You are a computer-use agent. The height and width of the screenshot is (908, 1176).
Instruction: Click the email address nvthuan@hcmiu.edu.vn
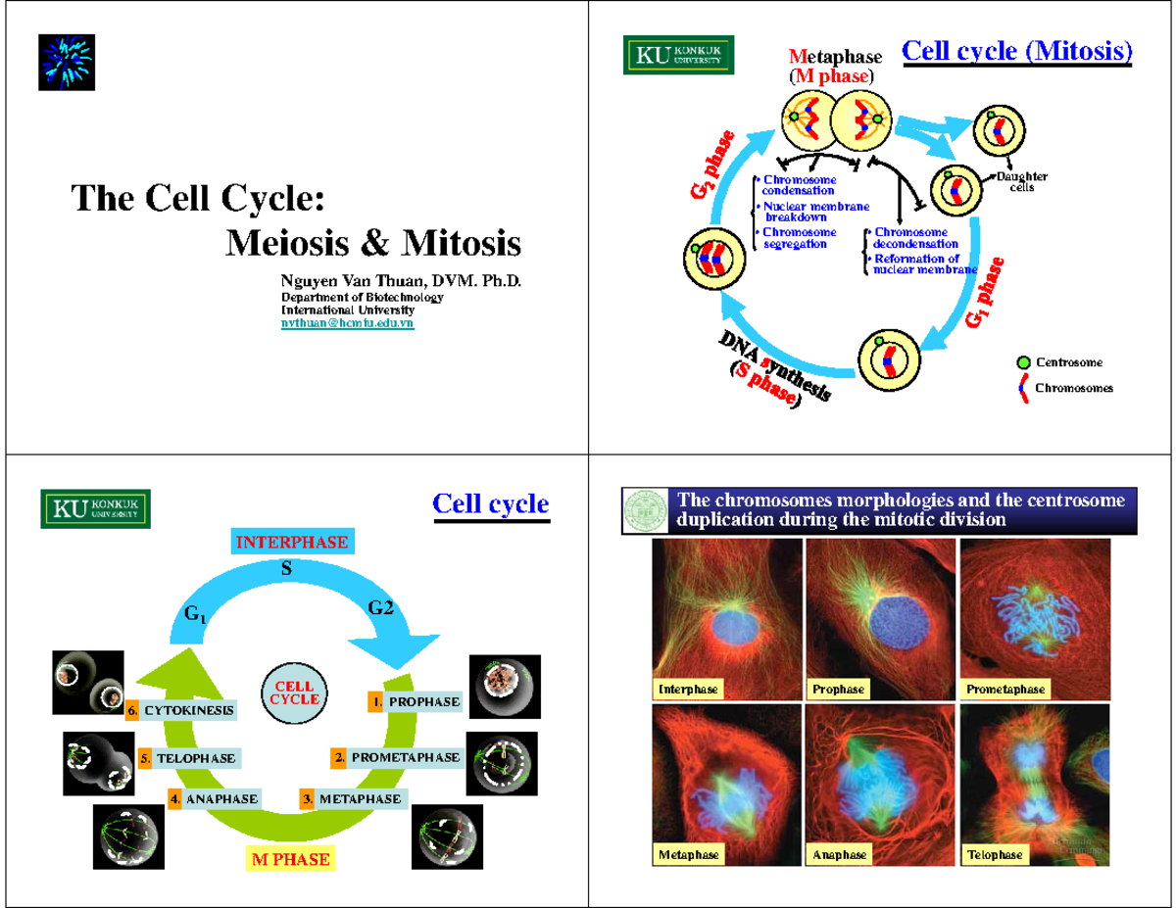pyautogui.click(x=347, y=322)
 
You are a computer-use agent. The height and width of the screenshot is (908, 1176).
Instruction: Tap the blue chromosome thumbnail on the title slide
pyautogui.click(x=67, y=62)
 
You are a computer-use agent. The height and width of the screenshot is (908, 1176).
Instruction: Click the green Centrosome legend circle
pyautogui.click(x=1023, y=362)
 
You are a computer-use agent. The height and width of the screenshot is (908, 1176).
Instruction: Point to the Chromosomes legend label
pyautogui.click(x=1074, y=388)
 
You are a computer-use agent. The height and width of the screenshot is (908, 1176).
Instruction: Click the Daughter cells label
pyautogui.click(x=1021, y=182)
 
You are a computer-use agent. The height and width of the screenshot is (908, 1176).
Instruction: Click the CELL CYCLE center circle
pyautogui.click(x=294, y=693)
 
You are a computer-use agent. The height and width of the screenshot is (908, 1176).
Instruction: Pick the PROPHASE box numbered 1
pyautogui.click(x=415, y=702)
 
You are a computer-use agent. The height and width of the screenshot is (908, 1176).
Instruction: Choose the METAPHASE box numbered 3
pyautogui.click(x=352, y=799)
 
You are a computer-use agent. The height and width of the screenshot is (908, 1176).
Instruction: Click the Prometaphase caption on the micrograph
pyautogui.click(x=1004, y=690)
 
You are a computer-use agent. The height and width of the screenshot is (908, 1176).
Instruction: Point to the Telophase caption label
pyautogui.click(x=995, y=855)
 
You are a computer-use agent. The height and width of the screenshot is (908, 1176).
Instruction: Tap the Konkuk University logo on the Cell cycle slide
pyautogui.click(x=95, y=508)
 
